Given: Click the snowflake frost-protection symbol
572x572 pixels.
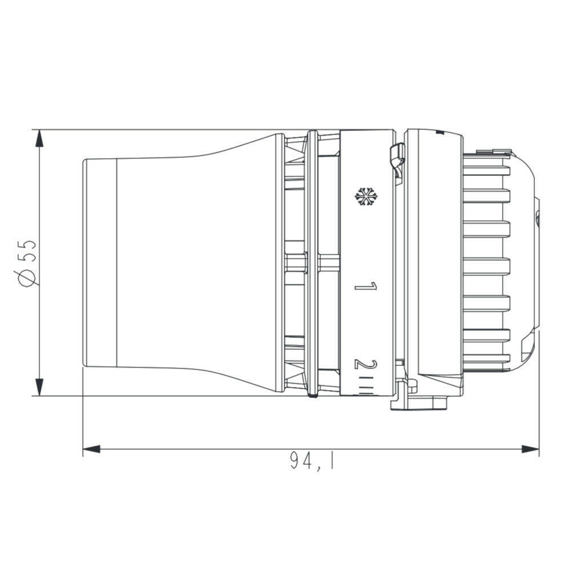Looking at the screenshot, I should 366,196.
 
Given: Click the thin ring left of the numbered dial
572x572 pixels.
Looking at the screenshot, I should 312,263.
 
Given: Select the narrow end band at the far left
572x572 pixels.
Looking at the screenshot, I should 100,263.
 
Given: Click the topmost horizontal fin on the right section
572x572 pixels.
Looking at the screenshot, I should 485,170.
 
